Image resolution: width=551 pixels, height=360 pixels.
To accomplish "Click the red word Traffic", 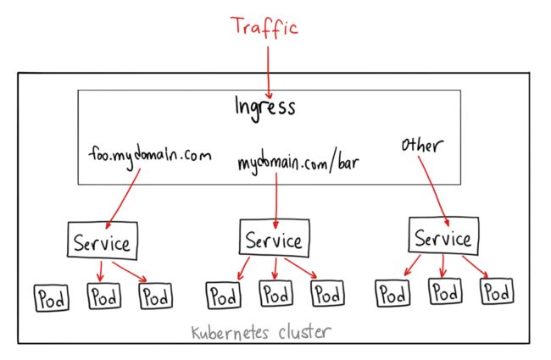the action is (x=264, y=27).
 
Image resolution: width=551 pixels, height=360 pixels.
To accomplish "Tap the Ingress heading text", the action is (x=265, y=108).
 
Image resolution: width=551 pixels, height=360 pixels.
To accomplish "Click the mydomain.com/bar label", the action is (x=298, y=163).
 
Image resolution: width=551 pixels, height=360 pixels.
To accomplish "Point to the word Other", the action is (x=422, y=145).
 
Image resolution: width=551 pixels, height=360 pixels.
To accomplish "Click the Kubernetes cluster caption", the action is (x=261, y=332).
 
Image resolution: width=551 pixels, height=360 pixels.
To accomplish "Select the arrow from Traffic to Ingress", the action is (x=269, y=72).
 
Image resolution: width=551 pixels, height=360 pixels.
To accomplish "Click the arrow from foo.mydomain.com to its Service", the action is (x=123, y=198).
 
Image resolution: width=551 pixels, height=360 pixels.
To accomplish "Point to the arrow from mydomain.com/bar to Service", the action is (x=276, y=200).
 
